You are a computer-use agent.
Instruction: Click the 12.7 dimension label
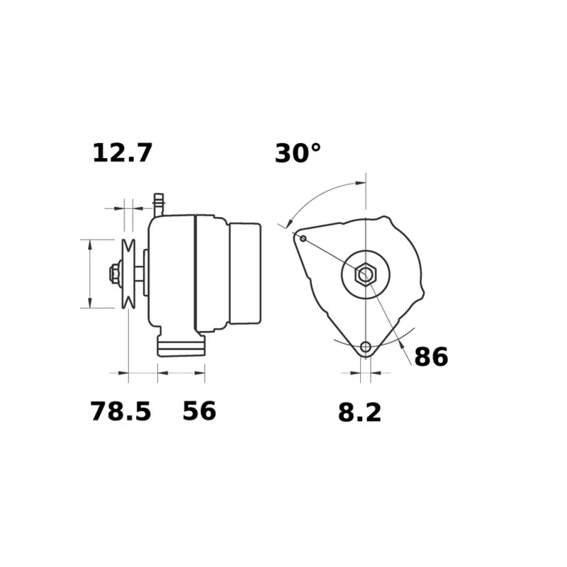pos(122,152)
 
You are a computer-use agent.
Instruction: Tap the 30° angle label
pos(298,152)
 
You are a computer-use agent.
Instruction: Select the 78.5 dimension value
pos(120,411)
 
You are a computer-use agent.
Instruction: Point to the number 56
pos(199,410)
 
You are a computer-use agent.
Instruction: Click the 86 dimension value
pos(431,357)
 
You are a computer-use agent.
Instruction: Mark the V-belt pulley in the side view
pos(128,274)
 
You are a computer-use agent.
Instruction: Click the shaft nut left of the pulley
pos(113,274)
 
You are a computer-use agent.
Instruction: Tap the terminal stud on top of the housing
pos(158,203)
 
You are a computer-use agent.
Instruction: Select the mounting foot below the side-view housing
pos(181,345)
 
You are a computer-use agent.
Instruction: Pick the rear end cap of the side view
pos(245,274)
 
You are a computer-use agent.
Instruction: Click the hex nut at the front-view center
pos(365,274)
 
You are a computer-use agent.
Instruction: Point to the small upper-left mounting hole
pos(303,238)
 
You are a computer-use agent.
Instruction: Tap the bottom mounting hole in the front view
pos(366,347)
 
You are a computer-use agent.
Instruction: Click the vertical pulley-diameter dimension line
pos(90,274)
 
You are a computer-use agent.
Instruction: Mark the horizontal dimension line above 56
pos(181,371)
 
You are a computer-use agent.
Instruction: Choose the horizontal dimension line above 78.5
pos(142,371)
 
